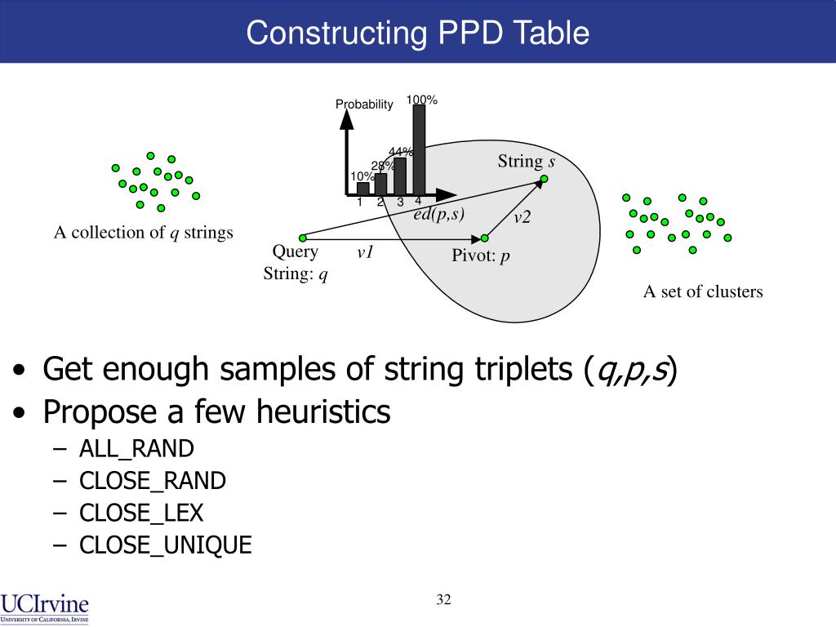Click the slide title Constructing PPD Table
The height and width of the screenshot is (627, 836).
417,33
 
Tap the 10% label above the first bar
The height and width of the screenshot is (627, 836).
362,176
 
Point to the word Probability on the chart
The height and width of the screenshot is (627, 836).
364,104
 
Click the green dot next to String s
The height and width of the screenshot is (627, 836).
544,180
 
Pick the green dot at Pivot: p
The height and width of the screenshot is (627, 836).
484,238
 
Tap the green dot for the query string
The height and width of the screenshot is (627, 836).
302,238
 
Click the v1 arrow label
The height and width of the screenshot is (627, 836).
365,253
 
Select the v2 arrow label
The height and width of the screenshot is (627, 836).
522,217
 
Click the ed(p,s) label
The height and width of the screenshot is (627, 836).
438,214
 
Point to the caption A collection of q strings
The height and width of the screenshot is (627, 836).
144,233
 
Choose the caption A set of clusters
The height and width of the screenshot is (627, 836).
703,291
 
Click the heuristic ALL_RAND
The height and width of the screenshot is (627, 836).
136,448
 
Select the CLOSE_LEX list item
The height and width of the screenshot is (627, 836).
141,513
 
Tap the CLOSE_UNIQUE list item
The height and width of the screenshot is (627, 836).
166,545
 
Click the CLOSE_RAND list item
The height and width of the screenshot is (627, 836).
153,481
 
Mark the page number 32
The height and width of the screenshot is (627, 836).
443,600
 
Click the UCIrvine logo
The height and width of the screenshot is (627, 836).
45,607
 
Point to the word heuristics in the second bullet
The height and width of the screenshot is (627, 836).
323,412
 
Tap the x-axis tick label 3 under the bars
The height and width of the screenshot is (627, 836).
400,202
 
